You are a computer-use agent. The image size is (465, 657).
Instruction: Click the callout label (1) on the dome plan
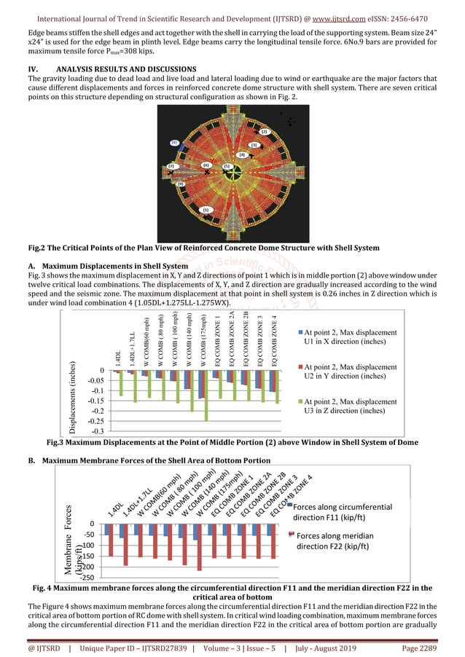(206, 210)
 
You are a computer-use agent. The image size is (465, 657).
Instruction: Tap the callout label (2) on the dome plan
(265, 132)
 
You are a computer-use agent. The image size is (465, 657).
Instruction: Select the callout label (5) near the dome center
(227, 166)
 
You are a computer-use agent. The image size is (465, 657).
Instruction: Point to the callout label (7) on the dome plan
(172, 166)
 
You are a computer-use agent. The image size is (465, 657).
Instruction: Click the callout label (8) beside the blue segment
(175, 143)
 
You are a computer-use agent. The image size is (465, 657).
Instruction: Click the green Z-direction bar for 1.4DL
(121, 384)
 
